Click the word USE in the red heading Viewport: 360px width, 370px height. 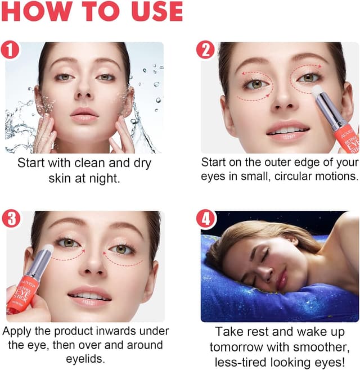click(156, 12)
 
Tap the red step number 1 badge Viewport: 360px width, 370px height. click(10, 49)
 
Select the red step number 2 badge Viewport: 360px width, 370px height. click(205, 50)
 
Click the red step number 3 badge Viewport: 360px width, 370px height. click(11, 219)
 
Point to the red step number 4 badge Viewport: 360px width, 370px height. click(206, 219)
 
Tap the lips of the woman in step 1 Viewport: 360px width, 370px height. click(84, 115)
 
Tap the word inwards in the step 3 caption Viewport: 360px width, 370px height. click(113, 331)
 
